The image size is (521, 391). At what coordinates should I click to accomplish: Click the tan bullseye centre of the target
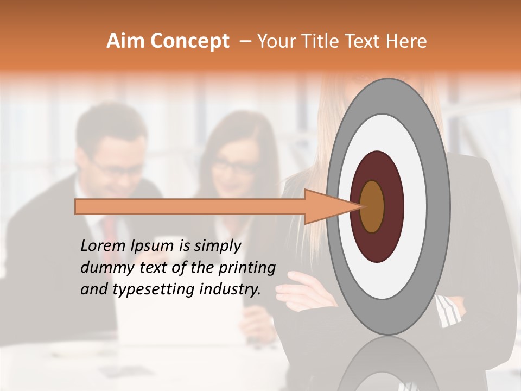pyautogui.click(x=372, y=206)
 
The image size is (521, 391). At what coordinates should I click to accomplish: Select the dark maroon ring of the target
pyautogui.click(x=394, y=206)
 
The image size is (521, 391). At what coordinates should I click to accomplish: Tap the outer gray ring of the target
pyautogui.click(x=439, y=206)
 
